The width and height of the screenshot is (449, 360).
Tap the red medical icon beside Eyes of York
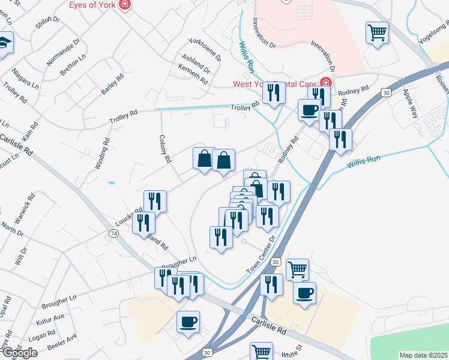pyautogui.click(x=125, y=5)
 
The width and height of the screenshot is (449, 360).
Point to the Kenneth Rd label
pyautogui.click(x=193, y=76)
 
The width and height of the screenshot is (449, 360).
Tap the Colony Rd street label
pyautogui.click(x=165, y=152)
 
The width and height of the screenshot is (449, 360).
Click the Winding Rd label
pyautogui.click(x=102, y=154)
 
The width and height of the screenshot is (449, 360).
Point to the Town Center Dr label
pyautogui.click(x=261, y=256)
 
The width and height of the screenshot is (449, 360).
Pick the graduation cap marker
pyautogui.click(x=4, y=44)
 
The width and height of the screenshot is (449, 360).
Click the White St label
pyautogui.click(x=287, y=353)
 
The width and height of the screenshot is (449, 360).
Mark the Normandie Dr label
pyautogui.click(x=64, y=52)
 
